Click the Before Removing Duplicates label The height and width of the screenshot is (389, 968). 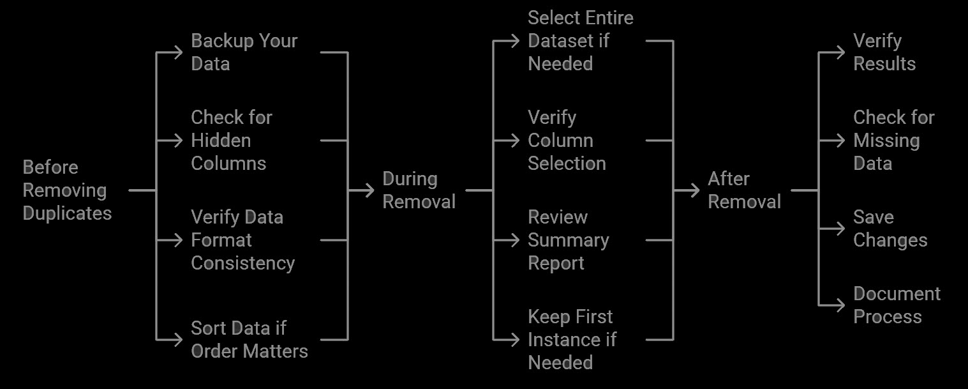(x=67, y=190)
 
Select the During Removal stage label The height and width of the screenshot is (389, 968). (x=419, y=190)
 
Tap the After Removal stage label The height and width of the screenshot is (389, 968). (x=744, y=190)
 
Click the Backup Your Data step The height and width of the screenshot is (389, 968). (x=244, y=52)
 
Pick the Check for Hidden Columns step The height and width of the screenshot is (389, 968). (x=232, y=141)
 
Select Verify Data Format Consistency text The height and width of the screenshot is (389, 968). (x=242, y=240)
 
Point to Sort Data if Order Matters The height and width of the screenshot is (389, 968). (x=249, y=340)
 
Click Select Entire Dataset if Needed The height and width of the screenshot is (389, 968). (x=580, y=41)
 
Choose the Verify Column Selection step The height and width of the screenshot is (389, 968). (x=567, y=141)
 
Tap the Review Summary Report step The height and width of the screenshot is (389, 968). (x=568, y=240)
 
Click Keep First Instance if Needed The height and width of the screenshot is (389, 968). (x=572, y=340)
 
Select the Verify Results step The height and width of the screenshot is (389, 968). (x=884, y=52)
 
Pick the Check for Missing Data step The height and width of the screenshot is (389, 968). (x=893, y=141)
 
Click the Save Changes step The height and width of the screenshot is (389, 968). (x=890, y=229)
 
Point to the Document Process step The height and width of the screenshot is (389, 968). (x=897, y=305)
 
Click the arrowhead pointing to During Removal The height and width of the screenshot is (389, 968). (x=369, y=190)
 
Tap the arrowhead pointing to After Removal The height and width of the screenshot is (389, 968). (x=694, y=190)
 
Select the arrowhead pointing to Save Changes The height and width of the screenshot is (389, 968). (x=840, y=229)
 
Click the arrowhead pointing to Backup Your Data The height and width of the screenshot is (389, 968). (x=177, y=52)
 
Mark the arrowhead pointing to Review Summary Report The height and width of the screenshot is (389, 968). (x=514, y=240)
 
